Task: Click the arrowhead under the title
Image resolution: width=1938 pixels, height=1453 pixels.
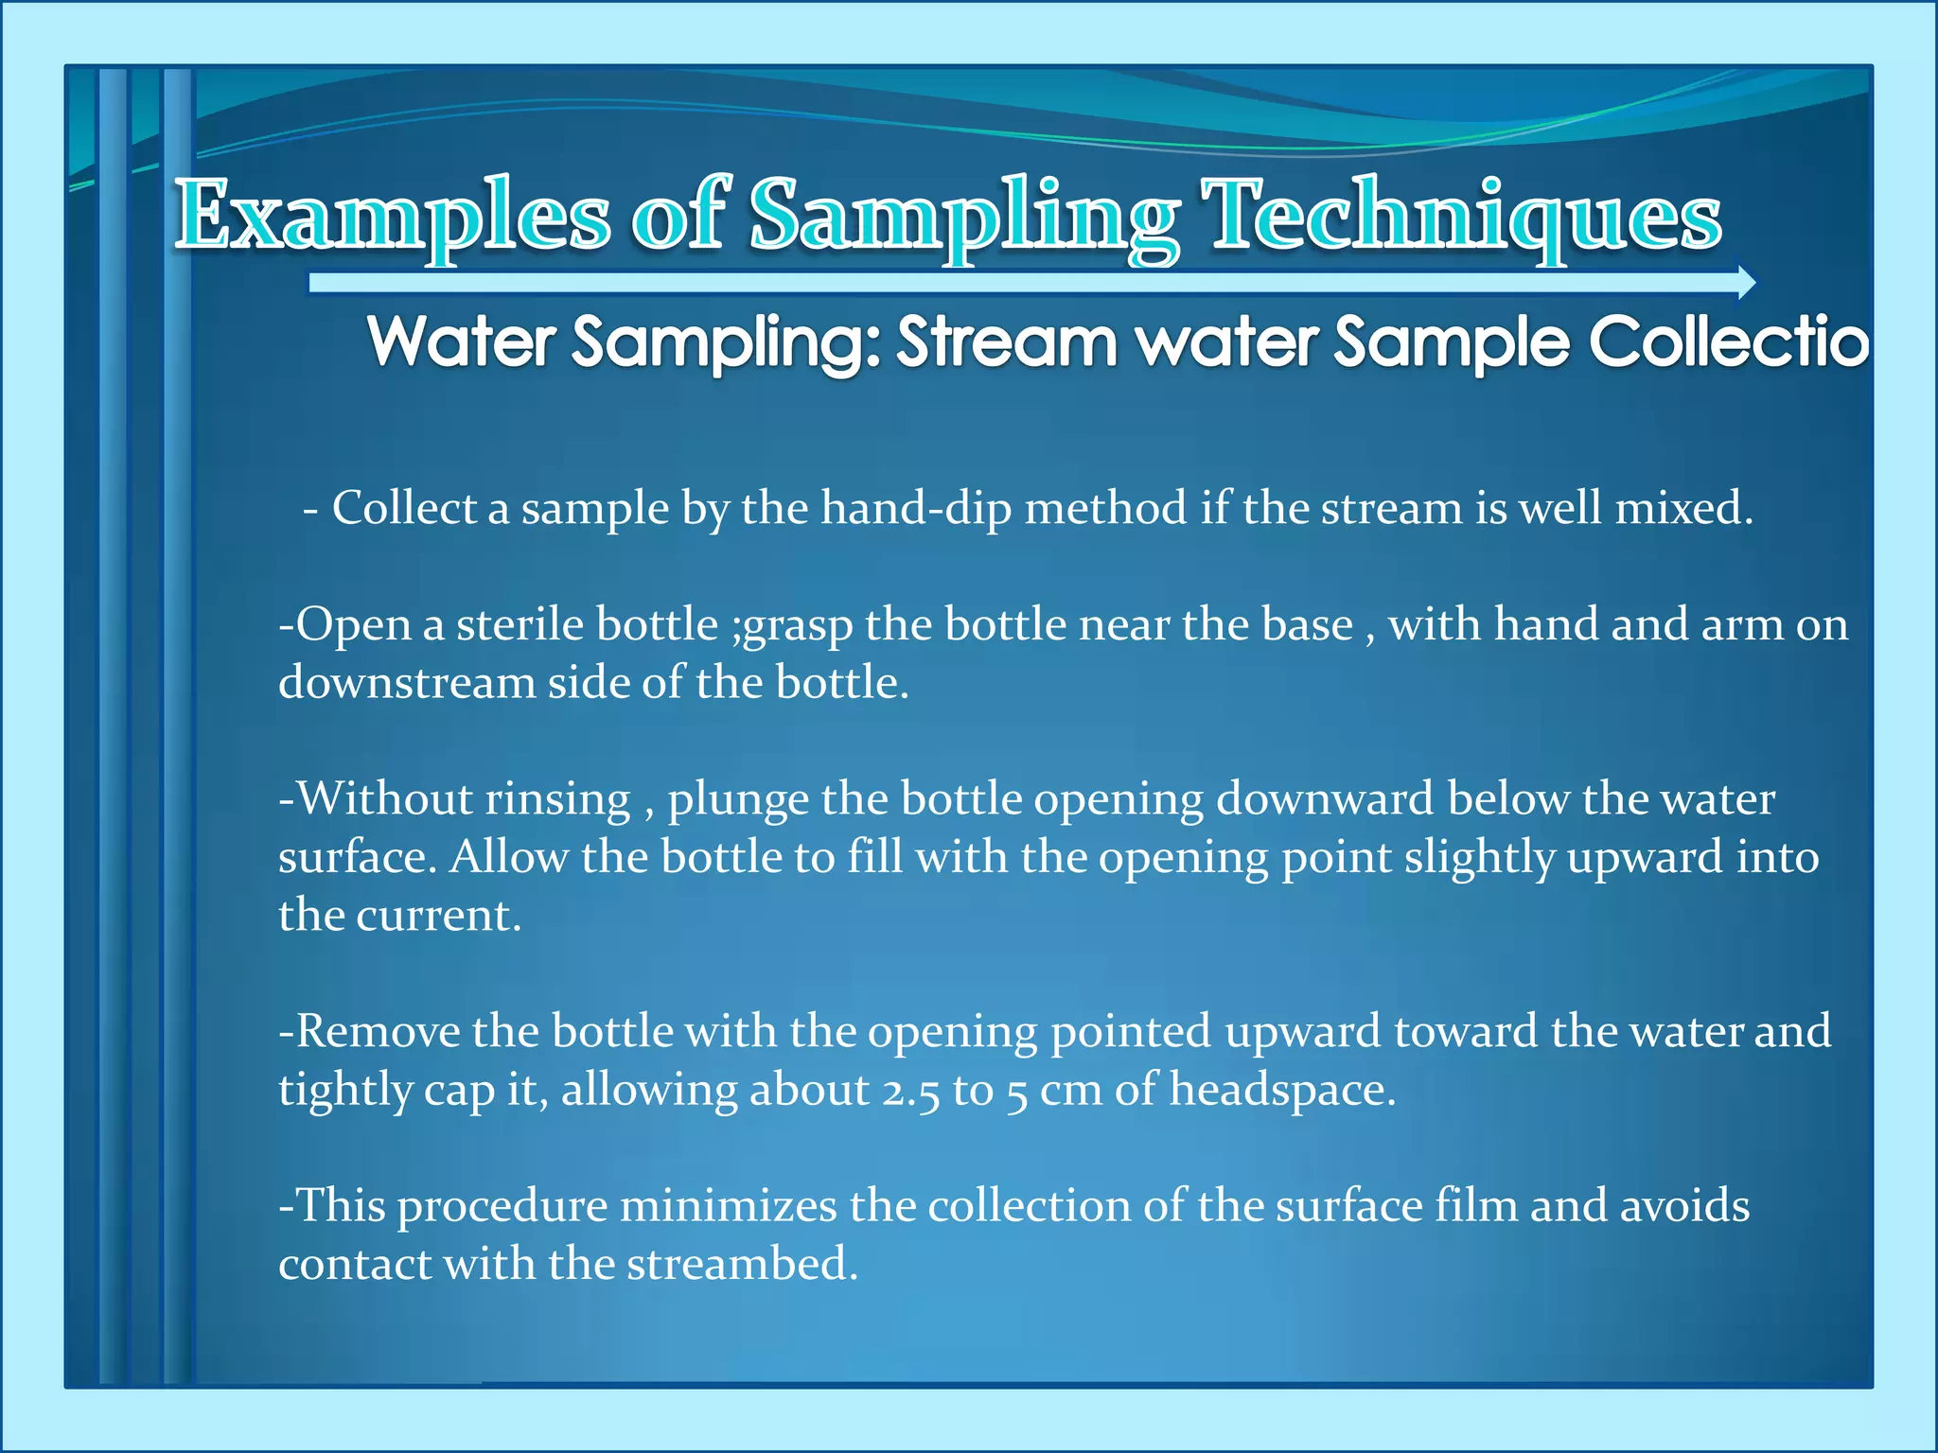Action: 1747,282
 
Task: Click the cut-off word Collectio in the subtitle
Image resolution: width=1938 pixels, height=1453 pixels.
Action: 1728,341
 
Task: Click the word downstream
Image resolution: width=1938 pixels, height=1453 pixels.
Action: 406,682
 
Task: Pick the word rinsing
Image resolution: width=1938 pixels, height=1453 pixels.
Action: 557,799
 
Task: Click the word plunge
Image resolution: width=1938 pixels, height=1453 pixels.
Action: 738,799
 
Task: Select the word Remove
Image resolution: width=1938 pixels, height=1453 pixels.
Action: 378,1031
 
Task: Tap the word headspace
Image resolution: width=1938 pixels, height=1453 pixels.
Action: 1282,1090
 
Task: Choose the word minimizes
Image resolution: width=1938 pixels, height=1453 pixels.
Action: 728,1206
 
